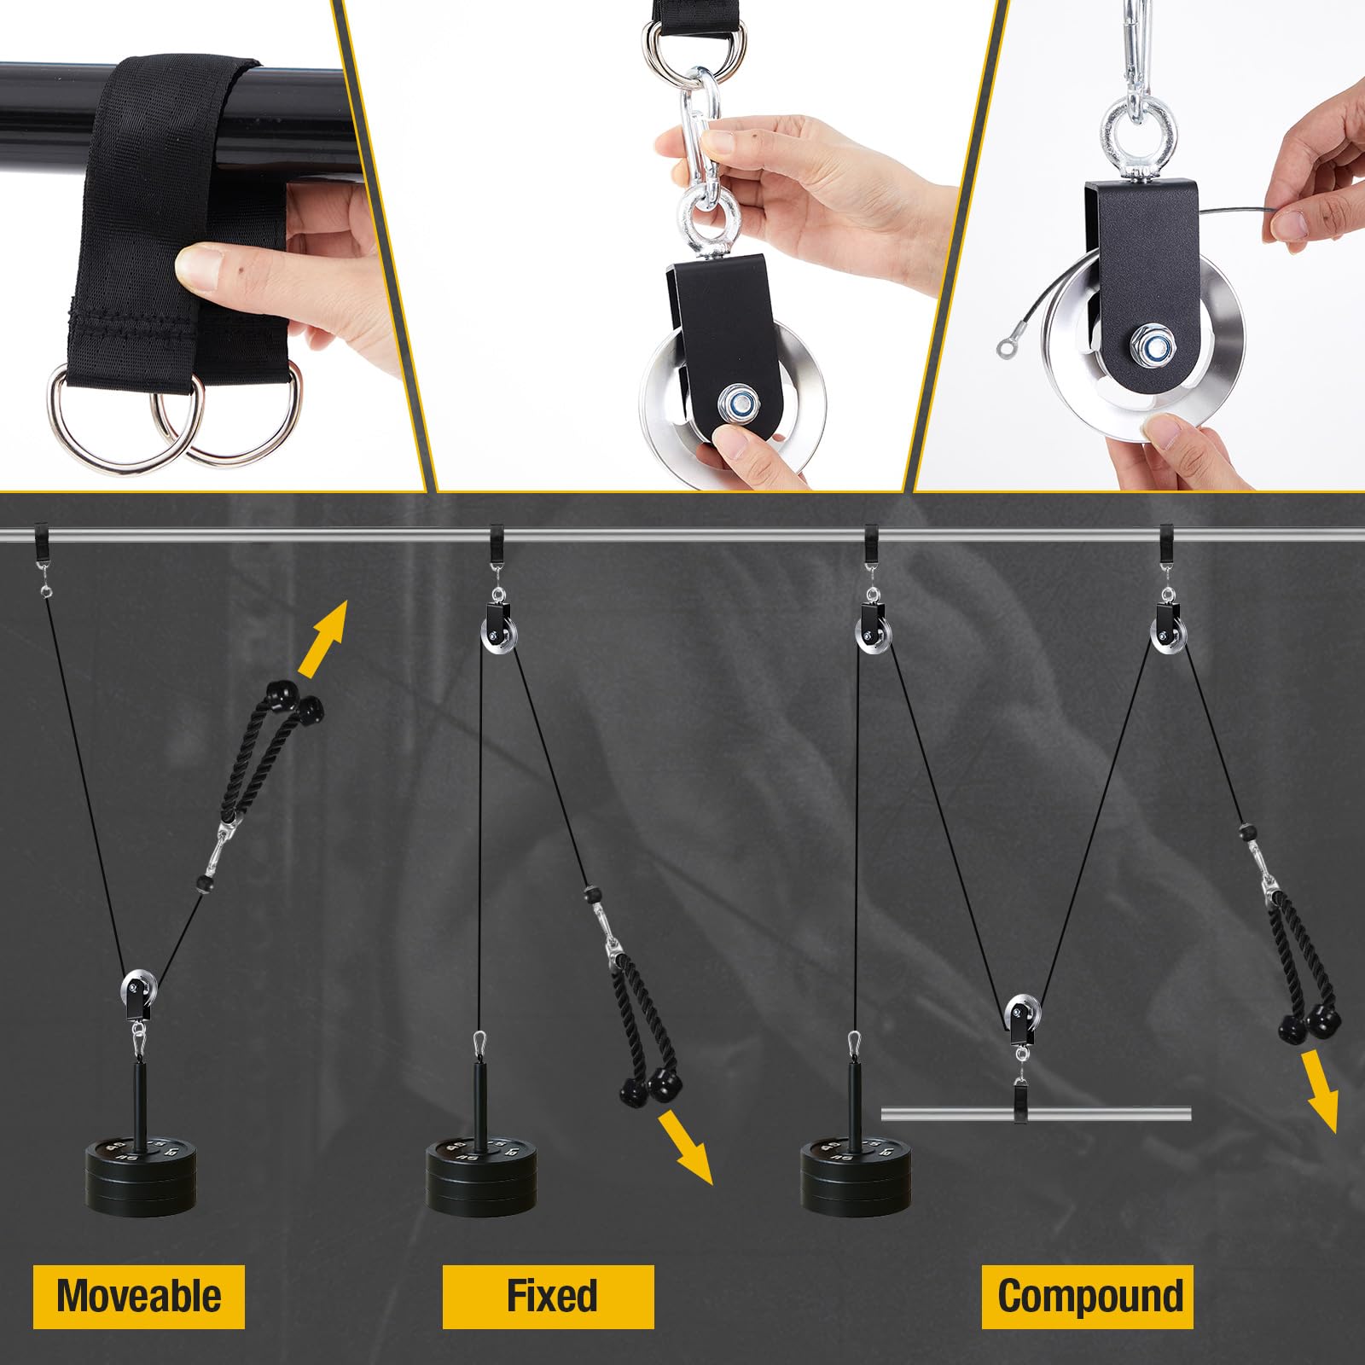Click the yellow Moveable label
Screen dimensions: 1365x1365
click(x=139, y=1296)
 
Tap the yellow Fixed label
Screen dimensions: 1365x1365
click(x=549, y=1296)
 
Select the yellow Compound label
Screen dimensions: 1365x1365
click(x=1088, y=1296)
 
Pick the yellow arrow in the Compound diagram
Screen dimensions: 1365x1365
click(x=1321, y=1092)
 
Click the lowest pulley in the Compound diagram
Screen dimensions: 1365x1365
click(x=1020, y=1018)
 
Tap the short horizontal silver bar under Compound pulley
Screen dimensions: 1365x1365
click(x=1036, y=1112)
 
